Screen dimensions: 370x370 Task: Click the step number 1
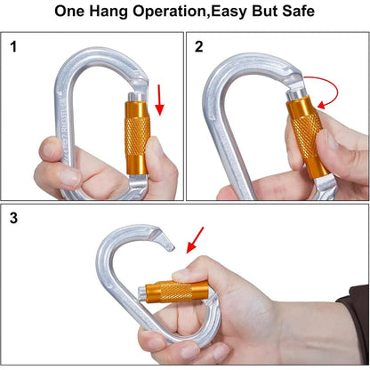coord(14,46)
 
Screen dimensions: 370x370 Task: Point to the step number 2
coord(198,46)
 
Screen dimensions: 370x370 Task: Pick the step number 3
coord(14,217)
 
